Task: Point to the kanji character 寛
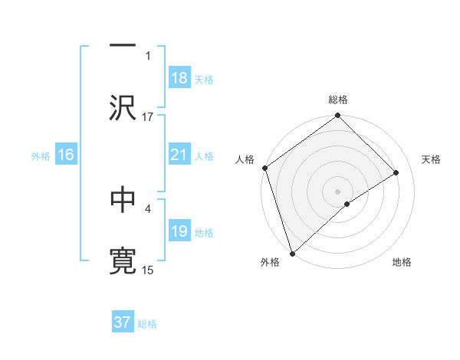tap(123, 261)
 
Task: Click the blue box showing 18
tap(179, 78)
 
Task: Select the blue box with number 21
tap(179, 155)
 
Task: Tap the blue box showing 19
tap(179, 231)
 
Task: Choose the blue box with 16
tap(66, 155)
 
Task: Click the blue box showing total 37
tap(122, 322)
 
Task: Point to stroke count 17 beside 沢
tap(148, 117)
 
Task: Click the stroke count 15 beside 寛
tap(148, 270)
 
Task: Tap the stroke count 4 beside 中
tap(148, 208)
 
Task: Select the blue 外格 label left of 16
tap(41, 155)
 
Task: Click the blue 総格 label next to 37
tap(147, 324)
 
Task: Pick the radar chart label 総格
tap(338, 100)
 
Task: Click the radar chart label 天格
tap(432, 159)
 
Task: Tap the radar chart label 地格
tap(402, 263)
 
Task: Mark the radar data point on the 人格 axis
tap(265, 168)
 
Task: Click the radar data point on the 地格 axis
tap(347, 204)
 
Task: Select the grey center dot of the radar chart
tap(338, 191)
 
